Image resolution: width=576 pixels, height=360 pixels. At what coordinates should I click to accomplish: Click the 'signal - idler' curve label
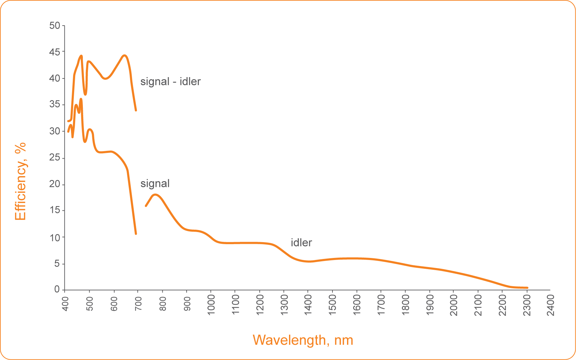click(170, 81)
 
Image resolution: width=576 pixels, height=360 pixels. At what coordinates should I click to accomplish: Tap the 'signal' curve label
click(155, 184)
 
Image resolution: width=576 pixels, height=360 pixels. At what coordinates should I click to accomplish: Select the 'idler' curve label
click(301, 242)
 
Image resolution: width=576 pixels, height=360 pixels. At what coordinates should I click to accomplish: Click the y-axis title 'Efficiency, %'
click(21, 181)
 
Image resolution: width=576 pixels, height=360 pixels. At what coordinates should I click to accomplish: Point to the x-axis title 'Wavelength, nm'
click(303, 340)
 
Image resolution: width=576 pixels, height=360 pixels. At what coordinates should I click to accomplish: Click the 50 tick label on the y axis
click(55, 26)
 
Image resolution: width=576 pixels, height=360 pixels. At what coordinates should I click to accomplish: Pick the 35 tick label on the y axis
click(55, 105)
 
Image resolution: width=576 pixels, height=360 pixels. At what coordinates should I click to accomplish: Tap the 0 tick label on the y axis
click(57, 290)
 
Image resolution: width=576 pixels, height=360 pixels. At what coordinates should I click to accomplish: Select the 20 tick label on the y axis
click(55, 184)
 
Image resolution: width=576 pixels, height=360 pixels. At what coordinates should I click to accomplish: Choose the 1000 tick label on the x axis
click(211, 305)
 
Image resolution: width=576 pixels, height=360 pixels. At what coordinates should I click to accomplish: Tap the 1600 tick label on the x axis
click(357, 305)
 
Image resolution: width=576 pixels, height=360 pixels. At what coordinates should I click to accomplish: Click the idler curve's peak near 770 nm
click(155, 195)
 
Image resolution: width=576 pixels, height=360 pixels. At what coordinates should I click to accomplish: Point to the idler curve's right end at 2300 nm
click(527, 288)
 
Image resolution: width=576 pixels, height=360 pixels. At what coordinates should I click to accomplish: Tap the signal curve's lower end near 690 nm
click(136, 233)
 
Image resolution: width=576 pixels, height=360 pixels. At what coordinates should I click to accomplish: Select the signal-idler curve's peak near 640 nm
click(124, 55)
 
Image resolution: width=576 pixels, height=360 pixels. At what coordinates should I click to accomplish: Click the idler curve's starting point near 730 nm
click(146, 206)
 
